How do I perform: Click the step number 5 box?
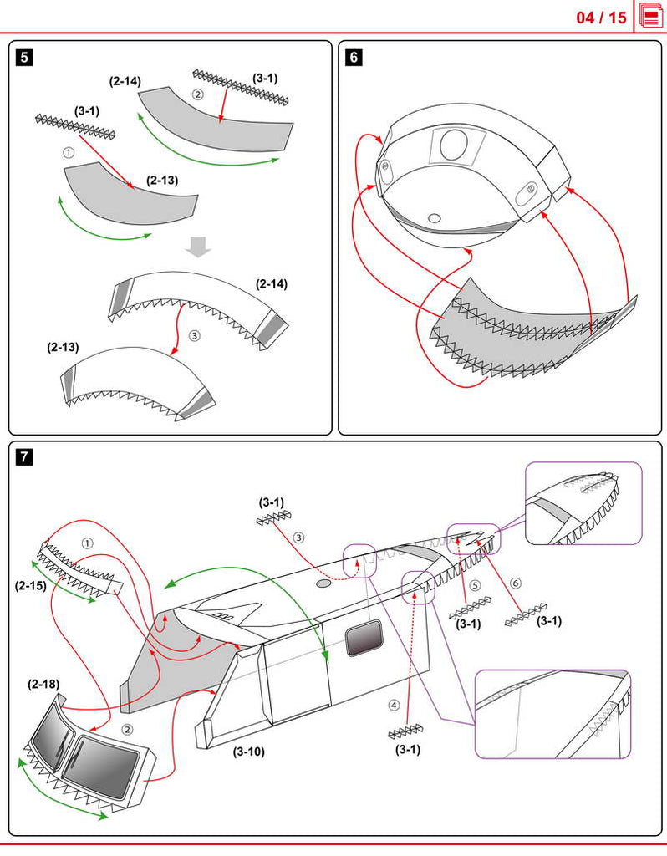(25, 58)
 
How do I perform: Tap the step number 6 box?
(354, 58)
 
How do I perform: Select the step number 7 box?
(25, 457)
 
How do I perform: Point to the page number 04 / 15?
(601, 18)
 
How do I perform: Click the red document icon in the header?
(651, 17)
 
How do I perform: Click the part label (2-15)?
(32, 584)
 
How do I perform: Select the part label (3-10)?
(249, 751)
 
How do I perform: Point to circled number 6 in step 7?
(515, 582)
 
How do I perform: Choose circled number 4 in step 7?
(395, 705)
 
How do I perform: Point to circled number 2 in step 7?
(127, 729)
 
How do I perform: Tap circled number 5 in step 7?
(475, 585)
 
